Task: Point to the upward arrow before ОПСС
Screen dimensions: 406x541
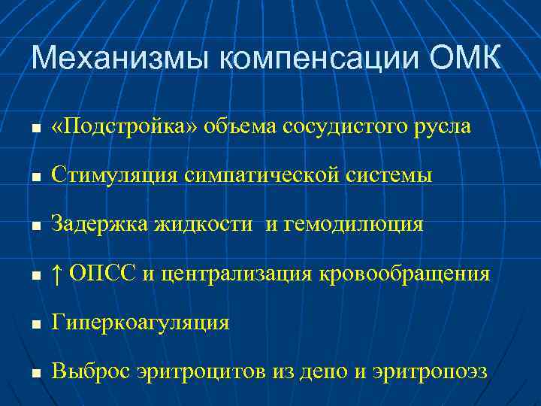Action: click(57, 274)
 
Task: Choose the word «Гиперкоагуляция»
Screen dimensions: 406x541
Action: click(140, 323)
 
